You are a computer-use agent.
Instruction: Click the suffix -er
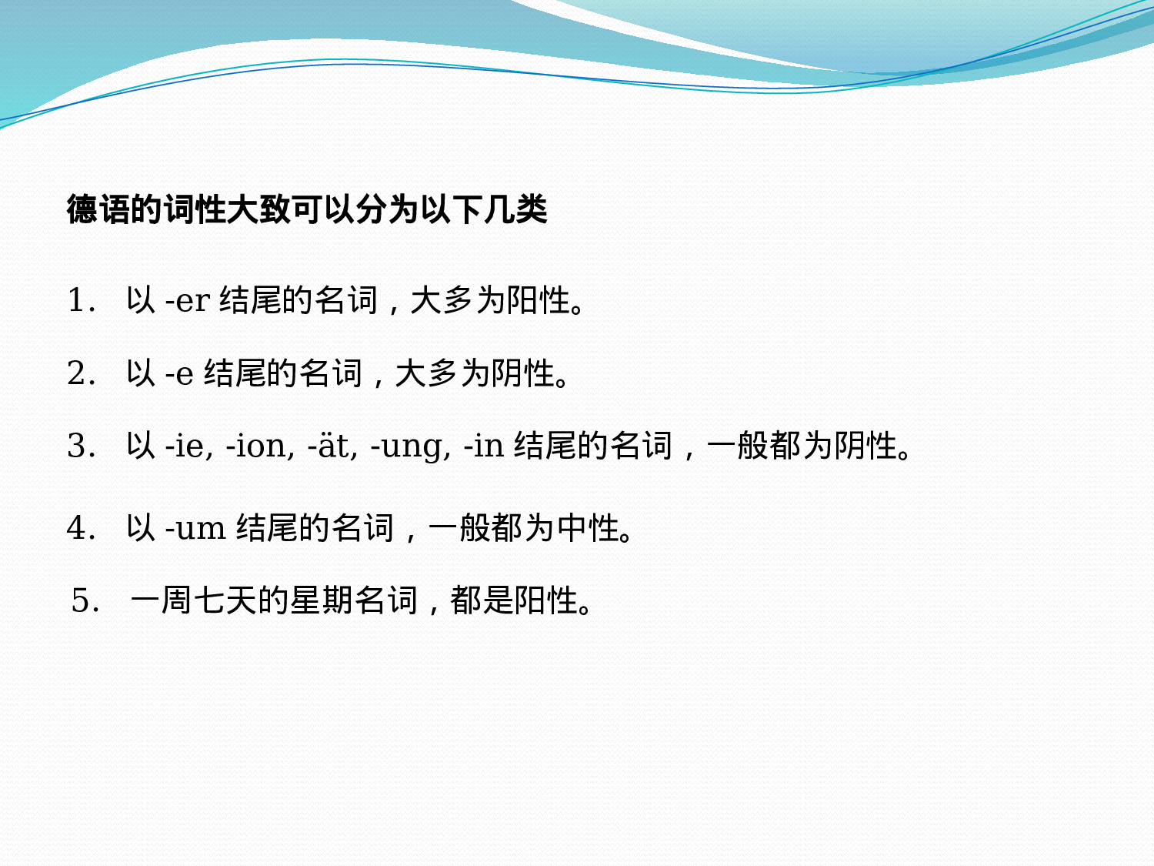click(188, 301)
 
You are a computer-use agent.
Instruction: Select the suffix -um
click(195, 528)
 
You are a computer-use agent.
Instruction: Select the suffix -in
click(484, 446)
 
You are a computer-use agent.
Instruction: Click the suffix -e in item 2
click(179, 374)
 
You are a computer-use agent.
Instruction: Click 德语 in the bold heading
click(98, 209)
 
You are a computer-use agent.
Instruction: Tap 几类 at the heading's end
click(515, 209)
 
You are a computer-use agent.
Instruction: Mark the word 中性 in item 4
click(589, 528)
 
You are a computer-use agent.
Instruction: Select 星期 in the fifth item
click(322, 600)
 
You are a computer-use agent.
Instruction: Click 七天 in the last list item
click(225, 600)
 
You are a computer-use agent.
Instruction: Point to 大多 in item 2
click(426, 373)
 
